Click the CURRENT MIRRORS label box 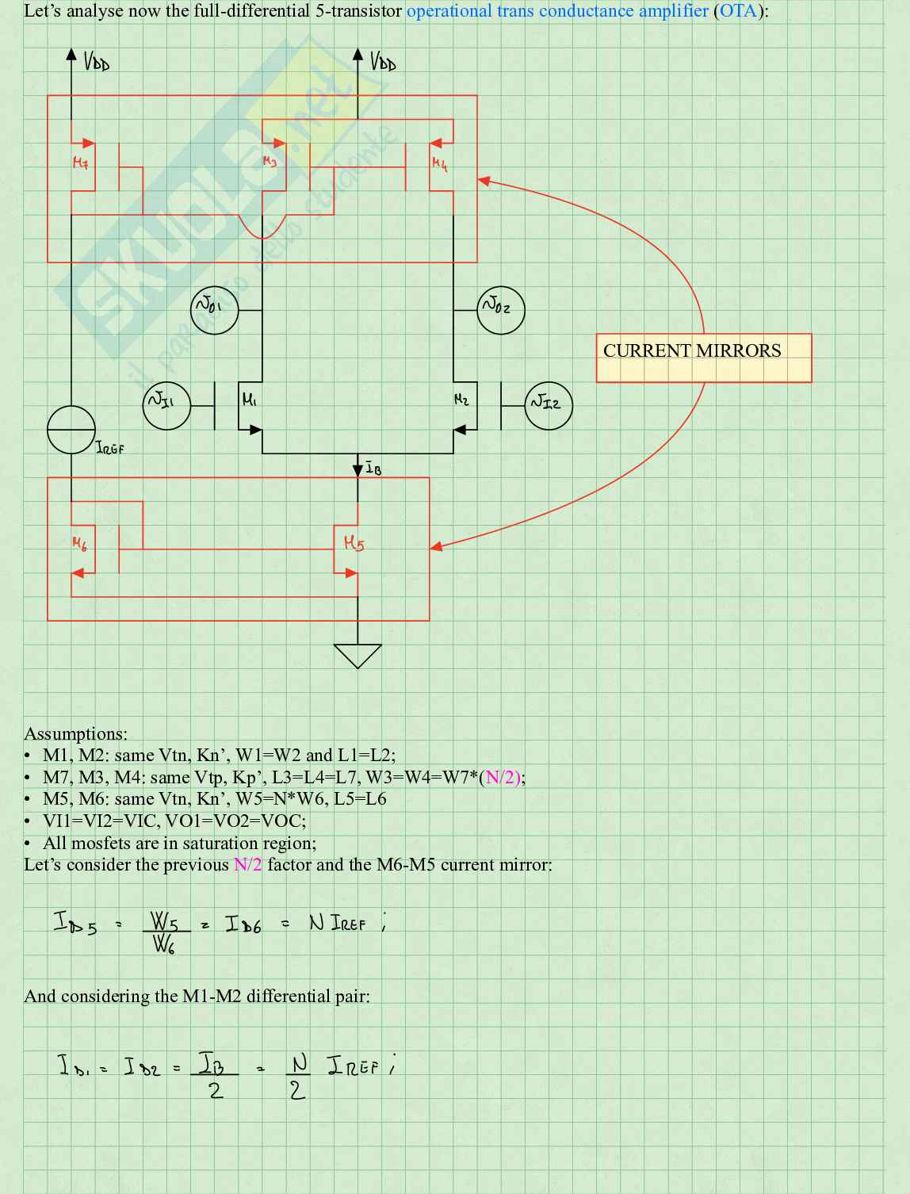(x=703, y=358)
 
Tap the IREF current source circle (x=71, y=429)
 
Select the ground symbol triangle (x=357, y=654)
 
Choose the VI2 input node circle (x=549, y=405)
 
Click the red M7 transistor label (x=81, y=163)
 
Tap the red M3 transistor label (x=270, y=162)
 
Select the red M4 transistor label (x=440, y=163)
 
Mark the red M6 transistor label (x=80, y=543)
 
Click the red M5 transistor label (x=354, y=543)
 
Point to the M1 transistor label (x=249, y=400)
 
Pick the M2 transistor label (x=461, y=400)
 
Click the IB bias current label (x=373, y=469)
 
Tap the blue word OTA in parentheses (x=737, y=11)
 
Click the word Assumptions (x=75, y=733)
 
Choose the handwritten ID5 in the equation (x=75, y=923)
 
